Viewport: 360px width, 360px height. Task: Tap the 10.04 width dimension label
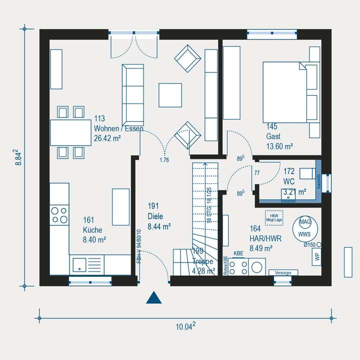click(185, 327)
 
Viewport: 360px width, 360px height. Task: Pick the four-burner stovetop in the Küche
click(59, 215)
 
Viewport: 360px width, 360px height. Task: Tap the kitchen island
click(120, 204)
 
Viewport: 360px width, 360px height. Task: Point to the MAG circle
click(304, 222)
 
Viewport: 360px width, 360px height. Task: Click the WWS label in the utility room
click(303, 234)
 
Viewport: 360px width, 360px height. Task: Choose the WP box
click(316, 257)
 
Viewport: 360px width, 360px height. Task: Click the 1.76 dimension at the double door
click(164, 160)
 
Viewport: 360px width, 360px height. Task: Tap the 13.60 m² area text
click(279, 146)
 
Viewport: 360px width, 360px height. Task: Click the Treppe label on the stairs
click(202, 261)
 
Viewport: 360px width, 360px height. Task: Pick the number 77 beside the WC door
click(257, 173)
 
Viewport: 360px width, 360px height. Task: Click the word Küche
click(93, 230)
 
